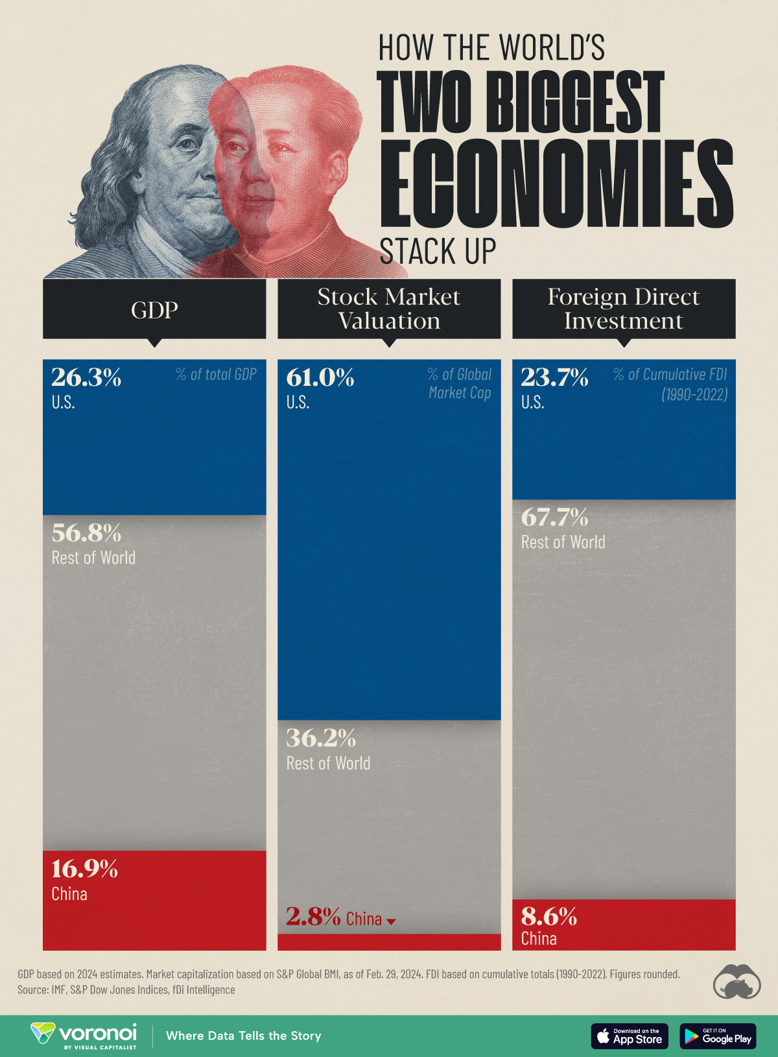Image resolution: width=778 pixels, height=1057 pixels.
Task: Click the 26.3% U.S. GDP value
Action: (86, 377)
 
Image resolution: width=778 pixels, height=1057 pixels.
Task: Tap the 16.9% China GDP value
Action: (85, 869)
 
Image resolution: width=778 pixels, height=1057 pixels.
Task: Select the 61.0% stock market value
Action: (320, 377)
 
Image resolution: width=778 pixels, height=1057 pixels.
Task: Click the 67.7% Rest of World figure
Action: (555, 517)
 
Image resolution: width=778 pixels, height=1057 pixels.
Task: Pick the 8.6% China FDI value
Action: (549, 916)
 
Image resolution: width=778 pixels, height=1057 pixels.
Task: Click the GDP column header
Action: (154, 309)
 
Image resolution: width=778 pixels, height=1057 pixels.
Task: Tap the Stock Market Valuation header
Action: (389, 309)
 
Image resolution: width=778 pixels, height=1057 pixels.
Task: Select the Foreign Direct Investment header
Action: (624, 309)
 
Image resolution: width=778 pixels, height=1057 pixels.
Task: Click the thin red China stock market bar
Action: (389, 942)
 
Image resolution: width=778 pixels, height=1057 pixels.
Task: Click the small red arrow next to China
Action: (391, 921)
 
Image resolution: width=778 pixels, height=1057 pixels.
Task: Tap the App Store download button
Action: (629, 1036)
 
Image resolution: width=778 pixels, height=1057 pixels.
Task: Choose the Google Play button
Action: (718, 1036)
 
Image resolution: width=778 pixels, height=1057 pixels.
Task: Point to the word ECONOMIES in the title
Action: (556, 184)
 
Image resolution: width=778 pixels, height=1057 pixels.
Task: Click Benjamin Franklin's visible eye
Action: (188, 144)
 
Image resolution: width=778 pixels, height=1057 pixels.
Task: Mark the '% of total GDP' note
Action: (216, 374)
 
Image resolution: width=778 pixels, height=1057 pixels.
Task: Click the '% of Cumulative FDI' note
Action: (670, 375)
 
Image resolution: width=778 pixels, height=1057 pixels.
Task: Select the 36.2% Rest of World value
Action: (321, 739)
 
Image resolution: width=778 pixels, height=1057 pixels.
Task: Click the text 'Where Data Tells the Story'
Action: (243, 1036)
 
